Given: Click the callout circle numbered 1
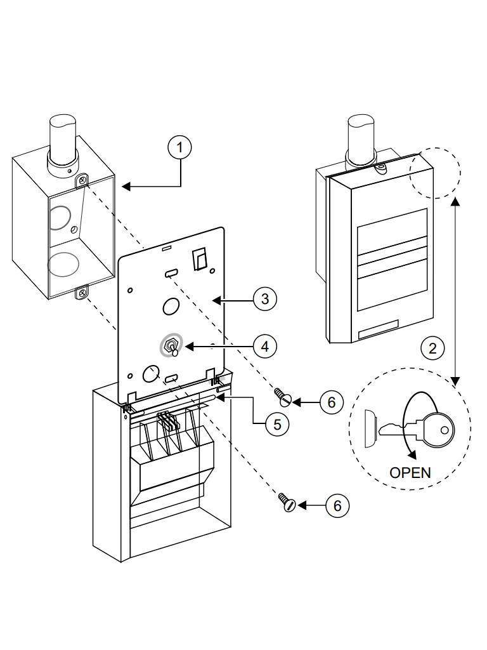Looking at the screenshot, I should tap(179, 147).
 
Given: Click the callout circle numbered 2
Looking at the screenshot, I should tap(433, 348).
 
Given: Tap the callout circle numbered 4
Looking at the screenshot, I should tap(264, 346).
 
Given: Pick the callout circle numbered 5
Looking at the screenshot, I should tap(273, 424).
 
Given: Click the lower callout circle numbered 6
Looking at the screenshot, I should tap(337, 505).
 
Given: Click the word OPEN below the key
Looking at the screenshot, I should tap(410, 472).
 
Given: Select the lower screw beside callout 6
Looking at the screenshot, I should tap(286, 502).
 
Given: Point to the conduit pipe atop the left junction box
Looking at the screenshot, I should tap(63, 143).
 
